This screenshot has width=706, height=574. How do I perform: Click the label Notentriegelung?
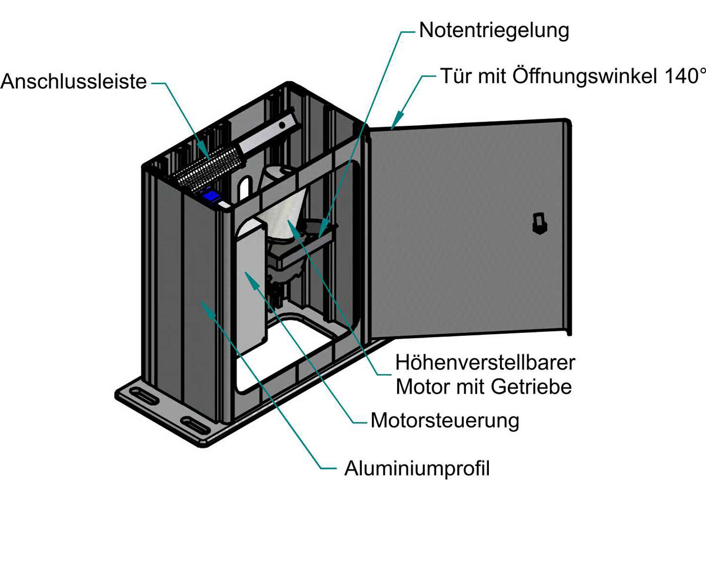click(494, 30)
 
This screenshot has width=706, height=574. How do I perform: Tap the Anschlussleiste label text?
click(74, 81)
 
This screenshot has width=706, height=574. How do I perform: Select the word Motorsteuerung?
click(445, 421)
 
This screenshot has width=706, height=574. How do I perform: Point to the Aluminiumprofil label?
click(417, 469)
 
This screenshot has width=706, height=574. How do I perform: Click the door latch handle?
click(537, 223)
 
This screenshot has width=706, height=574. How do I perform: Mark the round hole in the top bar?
click(284, 125)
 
